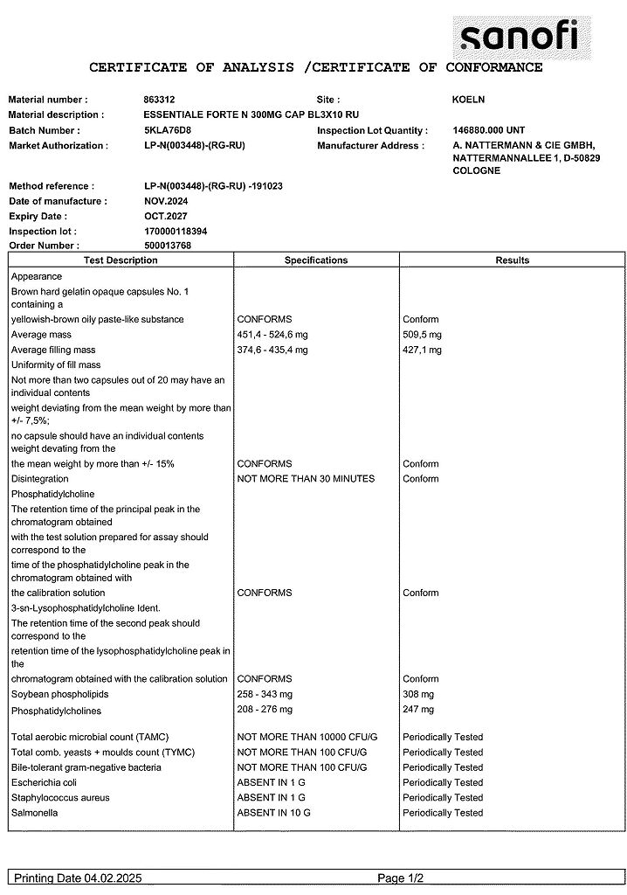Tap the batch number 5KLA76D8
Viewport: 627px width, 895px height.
pos(167,130)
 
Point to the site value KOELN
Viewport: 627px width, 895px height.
pos(468,100)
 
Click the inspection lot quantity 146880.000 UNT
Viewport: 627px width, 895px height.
pos(488,130)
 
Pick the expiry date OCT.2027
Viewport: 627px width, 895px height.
pos(165,216)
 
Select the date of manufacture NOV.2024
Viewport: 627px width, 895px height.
pos(165,201)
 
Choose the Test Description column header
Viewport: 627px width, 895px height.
pos(121,260)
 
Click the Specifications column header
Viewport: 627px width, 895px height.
pos(316,260)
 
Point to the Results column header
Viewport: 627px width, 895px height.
pos(512,260)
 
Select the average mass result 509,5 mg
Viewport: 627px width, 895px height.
pos(422,335)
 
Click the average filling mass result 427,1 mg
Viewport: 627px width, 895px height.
pos(422,350)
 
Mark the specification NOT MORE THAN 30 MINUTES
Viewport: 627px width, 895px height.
pos(306,478)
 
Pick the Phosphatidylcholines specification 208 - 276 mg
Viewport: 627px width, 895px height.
pos(265,709)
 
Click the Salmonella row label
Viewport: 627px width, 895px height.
pos(34,813)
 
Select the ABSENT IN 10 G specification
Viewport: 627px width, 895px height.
pos(273,813)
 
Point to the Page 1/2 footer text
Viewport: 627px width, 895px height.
pos(402,878)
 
